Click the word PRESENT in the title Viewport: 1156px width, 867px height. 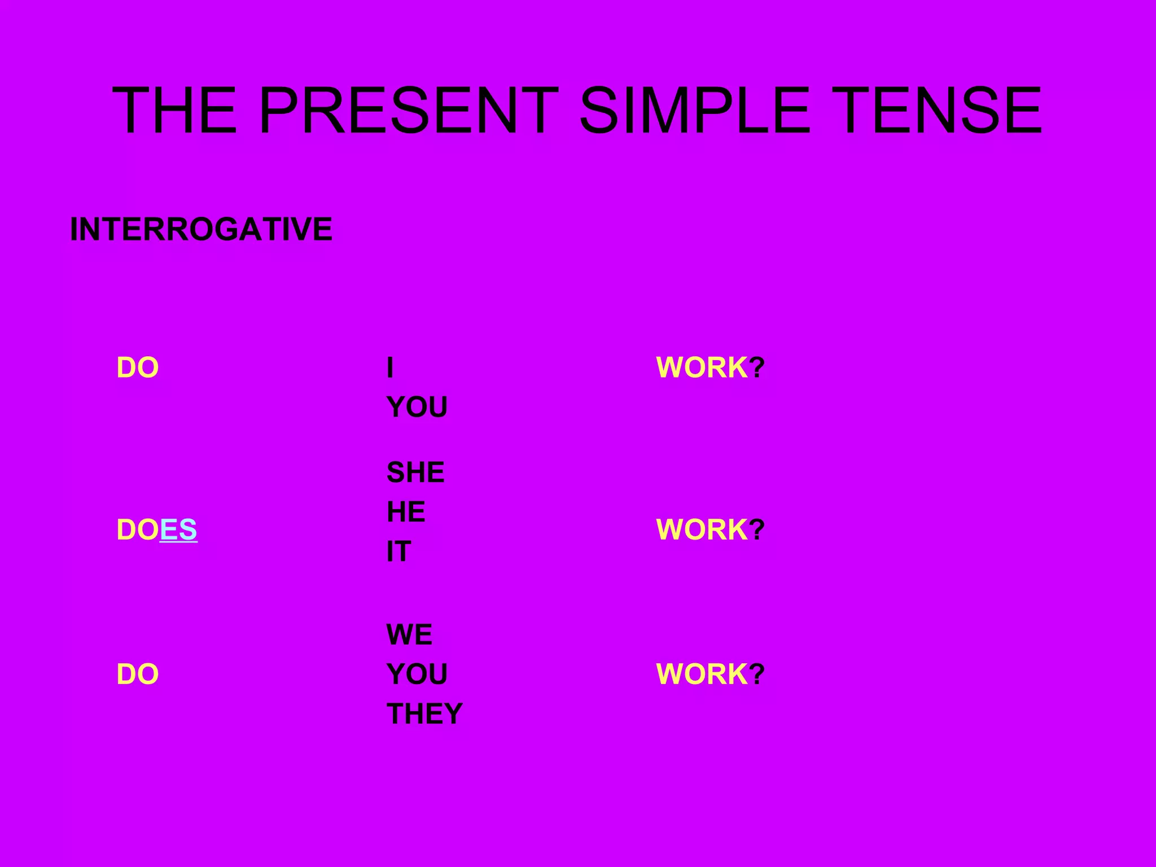408,111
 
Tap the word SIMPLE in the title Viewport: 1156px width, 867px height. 694,111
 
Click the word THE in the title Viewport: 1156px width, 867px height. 174,111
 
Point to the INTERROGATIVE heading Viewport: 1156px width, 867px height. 201,229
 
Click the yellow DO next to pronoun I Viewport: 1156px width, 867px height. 137,368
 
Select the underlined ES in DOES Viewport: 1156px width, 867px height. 178,530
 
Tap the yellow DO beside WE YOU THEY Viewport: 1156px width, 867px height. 137,675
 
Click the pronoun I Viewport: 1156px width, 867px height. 390,368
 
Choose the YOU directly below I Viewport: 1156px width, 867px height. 417,408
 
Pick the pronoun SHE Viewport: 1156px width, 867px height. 415,472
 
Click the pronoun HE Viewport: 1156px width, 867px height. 405,512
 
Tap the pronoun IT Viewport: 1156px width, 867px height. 399,551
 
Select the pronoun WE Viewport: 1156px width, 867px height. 409,635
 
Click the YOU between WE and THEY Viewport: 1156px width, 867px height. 417,675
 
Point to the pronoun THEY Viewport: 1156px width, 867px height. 424,714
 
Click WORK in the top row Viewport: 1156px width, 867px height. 702,368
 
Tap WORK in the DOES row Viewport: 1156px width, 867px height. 702,530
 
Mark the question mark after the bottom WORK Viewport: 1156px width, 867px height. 757,675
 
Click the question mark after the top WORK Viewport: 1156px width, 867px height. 757,368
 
